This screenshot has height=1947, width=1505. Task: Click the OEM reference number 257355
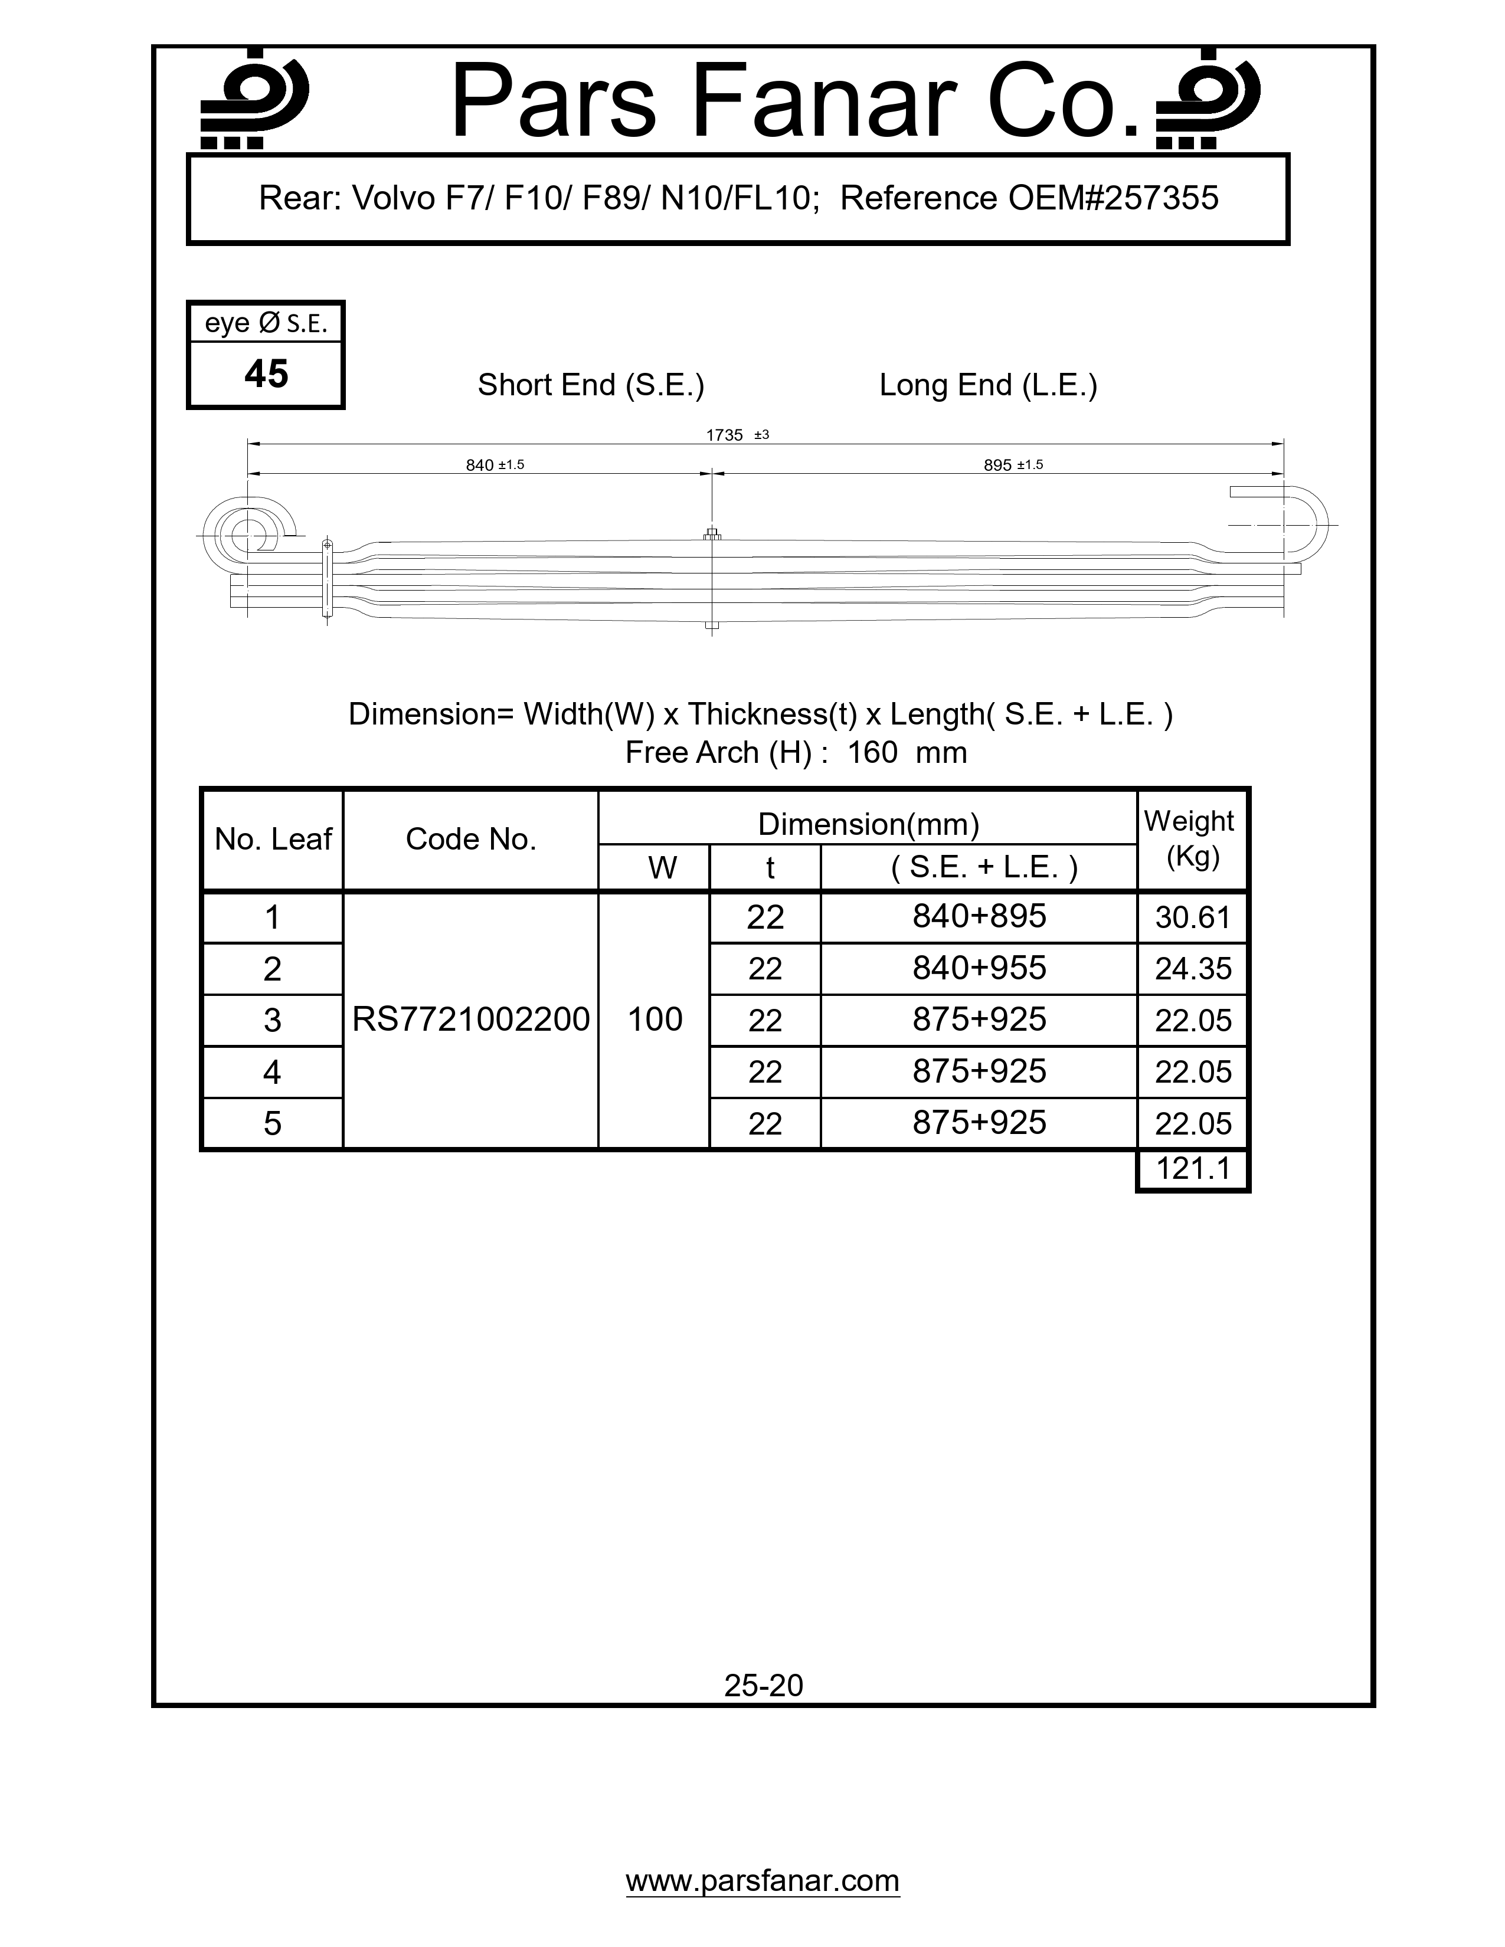[x=1160, y=198]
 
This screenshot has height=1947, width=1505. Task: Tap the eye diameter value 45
[x=266, y=373]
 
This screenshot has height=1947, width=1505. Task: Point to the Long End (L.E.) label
[x=988, y=385]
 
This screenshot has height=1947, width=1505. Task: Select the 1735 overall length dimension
[x=724, y=435]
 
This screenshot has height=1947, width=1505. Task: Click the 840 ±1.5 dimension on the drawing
[x=494, y=464]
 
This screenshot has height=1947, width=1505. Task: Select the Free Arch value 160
[x=872, y=752]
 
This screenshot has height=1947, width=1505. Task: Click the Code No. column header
[x=471, y=839]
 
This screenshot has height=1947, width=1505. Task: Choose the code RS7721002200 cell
[x=471, y=1019]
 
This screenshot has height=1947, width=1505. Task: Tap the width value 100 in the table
[x=655, y=1019]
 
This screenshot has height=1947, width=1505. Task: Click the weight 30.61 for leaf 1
[x=1192, y=917]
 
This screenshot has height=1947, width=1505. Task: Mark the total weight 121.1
[x=1192, y=1168]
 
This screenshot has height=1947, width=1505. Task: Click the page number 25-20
[x=763, y=1685]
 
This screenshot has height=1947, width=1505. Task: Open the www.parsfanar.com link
[x=763, y=1881]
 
